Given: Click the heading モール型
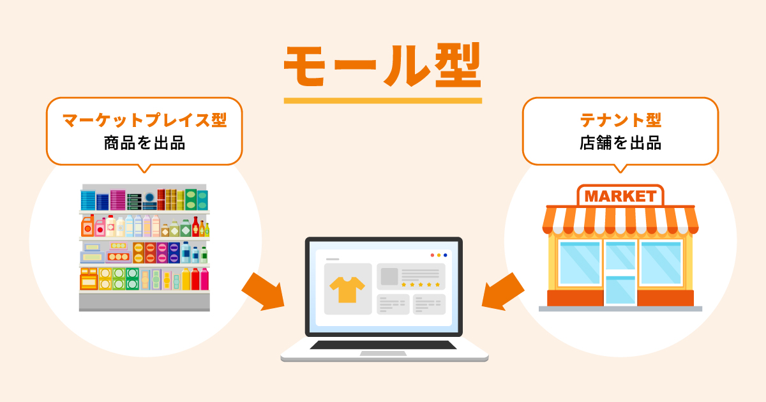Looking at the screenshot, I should pyautogui.click(x=382, y=66).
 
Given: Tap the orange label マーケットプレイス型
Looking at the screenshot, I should pyautogui.click(x=144, y=120).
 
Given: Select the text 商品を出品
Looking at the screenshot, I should pyautogui.click(x=144, y=143).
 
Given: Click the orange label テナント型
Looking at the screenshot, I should pyautogui.click(x=620, y=120).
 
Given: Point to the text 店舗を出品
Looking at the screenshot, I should pyautogui.click(x=620, y=143).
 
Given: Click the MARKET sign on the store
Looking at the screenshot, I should pyautogui.click(x=620, y=196).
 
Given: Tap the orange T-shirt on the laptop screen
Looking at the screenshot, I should pyautogui.click(x=347, y=289).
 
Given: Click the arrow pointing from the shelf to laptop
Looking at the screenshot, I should pyautogui.click(x=262, y=291).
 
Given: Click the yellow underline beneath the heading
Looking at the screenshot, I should pyautogui.click(x=382, y=100).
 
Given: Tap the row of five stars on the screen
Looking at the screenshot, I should pyautogui.click(x=421, y=284).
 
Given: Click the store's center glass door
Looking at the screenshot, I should pyautogui.click(x=620, y=271).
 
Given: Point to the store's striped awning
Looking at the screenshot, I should pyautogui.click(x=620, y=220).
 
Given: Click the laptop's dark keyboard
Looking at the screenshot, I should pyautogui.click(x=384, y=345).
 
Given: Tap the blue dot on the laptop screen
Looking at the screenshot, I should pyautogui.click(x=446, y=255).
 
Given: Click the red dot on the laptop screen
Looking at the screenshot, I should pyautogui.click(x=432, y=255).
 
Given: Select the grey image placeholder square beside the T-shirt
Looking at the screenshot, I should pyautogui.click(x=389, y=276).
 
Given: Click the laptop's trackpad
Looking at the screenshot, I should pyautogui.click(x=383, y=354).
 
